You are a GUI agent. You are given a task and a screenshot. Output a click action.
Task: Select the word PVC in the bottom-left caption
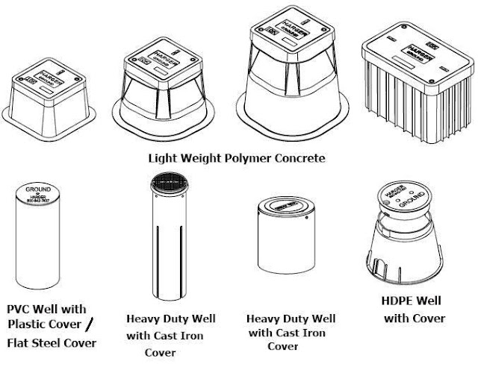click(20, 309)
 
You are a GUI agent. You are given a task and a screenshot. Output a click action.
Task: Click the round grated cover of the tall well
click(164, 183)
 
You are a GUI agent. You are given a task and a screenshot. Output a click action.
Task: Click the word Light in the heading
click(163, 160)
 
